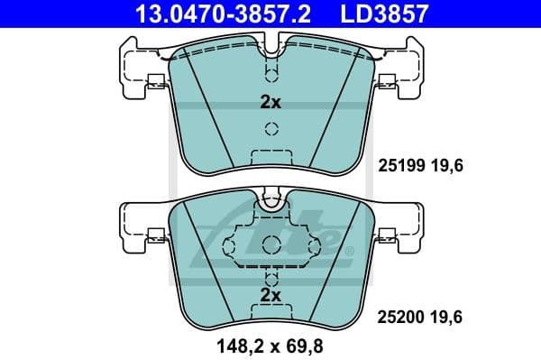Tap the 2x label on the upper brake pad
click(270, 103)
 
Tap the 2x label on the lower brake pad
click(270, 295)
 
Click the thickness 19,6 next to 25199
click(446, 166)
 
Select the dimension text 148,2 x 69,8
click(270, 344)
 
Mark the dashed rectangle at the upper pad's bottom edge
click(270, 157)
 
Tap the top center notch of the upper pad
click(270, 42)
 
